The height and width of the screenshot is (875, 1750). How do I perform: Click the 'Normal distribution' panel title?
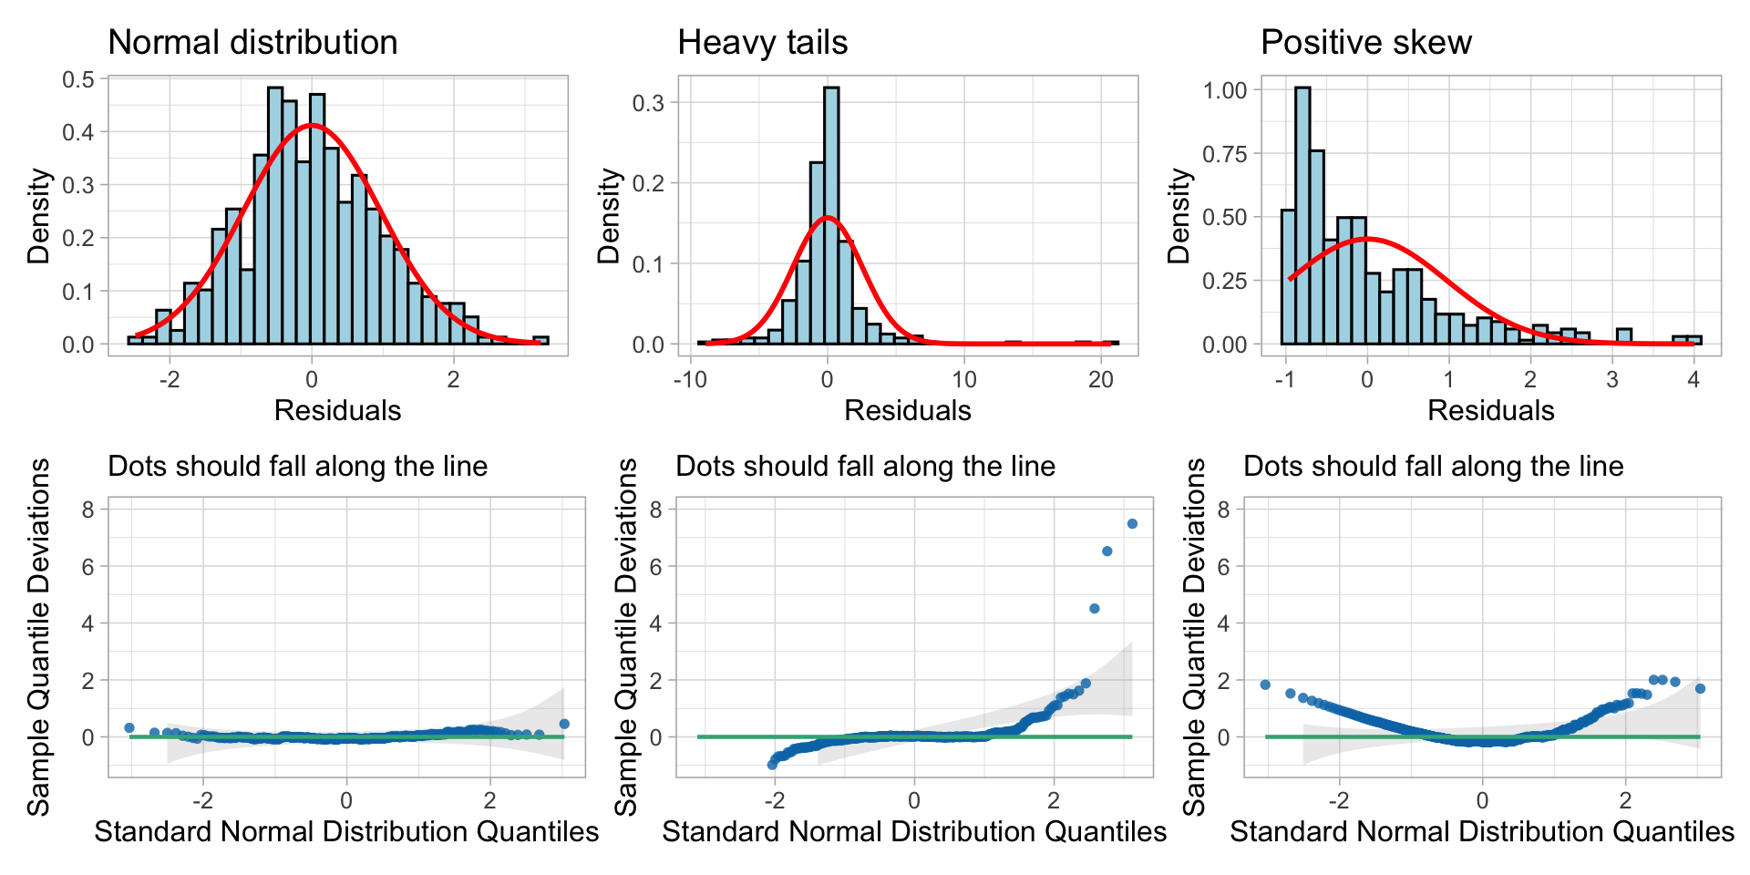point(252,43)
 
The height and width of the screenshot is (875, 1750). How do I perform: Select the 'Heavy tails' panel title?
point(762,43)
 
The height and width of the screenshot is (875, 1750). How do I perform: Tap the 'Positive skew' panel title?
point(1365,43)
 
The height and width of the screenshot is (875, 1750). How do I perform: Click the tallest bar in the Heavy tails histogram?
point(831,216)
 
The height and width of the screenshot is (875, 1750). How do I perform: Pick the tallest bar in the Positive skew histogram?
point(1302,216)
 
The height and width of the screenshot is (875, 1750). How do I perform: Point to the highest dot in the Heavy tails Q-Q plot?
point(1132,524)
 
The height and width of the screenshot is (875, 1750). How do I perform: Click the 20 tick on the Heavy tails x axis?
point(1101,380)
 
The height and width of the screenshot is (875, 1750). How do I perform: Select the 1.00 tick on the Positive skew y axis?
point(1225,90)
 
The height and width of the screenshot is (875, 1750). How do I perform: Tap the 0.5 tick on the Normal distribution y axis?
point(78,79)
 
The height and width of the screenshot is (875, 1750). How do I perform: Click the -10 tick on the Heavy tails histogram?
point(690,380)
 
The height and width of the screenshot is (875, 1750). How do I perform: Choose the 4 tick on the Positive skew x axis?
point(1693,380)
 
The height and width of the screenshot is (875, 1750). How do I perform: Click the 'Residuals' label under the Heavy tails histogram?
point(908,411)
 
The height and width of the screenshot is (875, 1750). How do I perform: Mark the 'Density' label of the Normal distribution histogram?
point(38,216)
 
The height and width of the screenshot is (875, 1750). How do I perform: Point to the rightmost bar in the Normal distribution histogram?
point(540,340)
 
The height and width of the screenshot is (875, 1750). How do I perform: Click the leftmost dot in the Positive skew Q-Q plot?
point(1265,685)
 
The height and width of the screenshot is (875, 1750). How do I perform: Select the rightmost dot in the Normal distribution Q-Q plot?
point(564,724)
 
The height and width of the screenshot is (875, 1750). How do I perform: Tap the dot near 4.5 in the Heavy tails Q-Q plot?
point(1095,608)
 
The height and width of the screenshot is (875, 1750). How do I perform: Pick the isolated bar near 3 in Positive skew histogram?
point(1624,336)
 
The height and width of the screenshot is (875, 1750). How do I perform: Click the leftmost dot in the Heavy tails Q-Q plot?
point(773,765)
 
